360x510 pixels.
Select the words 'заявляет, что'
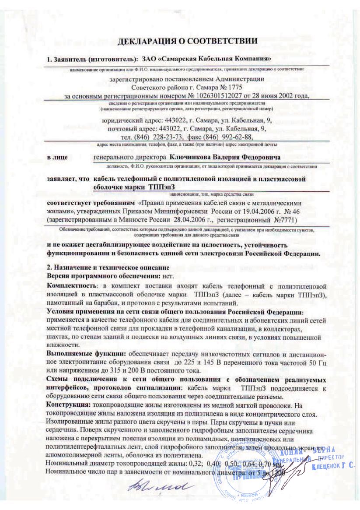[68, 179]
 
